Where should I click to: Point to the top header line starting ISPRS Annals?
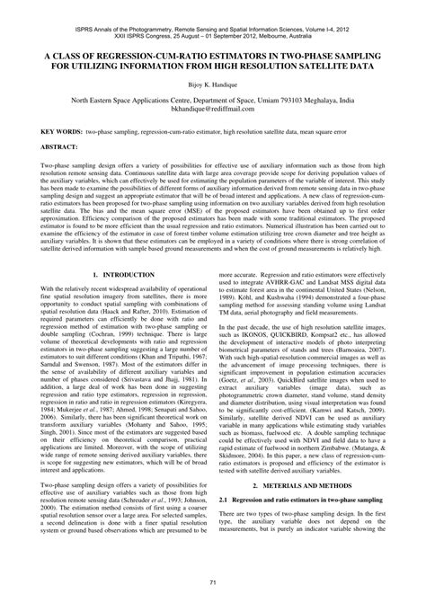tap(213, 5)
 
